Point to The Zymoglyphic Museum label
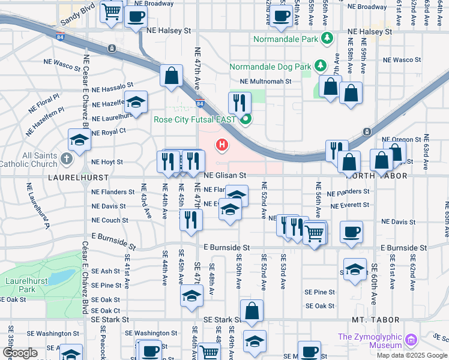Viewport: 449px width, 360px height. pyautogui.click(x=369, y=341)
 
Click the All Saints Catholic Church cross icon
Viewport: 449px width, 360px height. pyautogui.click(x=67, y=160)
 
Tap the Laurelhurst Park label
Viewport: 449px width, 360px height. pyautogui.click(x=22, y=284)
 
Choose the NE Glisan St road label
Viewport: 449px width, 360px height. pyautogui.click(x=225, y=175)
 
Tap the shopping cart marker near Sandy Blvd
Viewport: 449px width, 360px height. pyautogui.click(x=112, y=11)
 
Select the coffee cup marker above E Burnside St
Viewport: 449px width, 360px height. pyautogui.click(x=351, y=231)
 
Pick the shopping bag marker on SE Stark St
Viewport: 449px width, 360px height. pyautogui.click(x=252, y=310)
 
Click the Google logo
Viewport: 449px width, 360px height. pyautogui.click(x=19, y=353)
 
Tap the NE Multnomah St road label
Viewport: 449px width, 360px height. pyautogui.click(x=265, y=81)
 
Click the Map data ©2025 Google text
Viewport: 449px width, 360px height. pyautogui.click(x=411, y=355)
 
